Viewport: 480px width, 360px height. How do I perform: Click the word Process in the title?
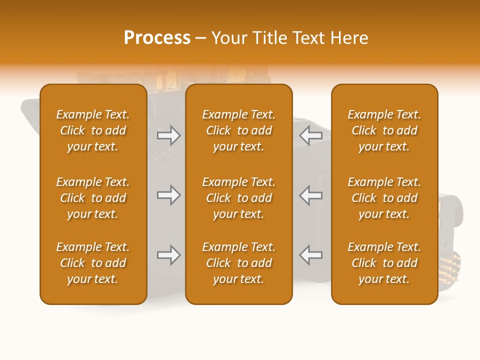157,38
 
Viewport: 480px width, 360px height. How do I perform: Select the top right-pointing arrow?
168,135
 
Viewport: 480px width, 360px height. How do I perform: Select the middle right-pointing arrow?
168,195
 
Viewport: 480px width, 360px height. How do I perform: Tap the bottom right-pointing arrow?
168,255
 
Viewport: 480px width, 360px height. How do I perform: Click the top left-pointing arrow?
310,135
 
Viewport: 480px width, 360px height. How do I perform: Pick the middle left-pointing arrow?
310,195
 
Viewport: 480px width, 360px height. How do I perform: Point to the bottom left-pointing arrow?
310,255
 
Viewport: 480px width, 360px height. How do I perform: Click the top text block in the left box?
93,130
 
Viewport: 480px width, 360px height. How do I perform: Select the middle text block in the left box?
93,198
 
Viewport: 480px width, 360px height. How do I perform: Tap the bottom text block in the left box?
93,263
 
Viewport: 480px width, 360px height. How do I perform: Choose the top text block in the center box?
238,130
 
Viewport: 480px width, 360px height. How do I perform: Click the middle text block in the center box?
238,198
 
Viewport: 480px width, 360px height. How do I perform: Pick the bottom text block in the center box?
238,263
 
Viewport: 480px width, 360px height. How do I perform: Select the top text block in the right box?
384,130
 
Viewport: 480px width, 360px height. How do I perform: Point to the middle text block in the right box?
384,198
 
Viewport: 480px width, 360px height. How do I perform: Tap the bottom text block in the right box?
384,263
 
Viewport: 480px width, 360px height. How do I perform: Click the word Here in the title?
349,38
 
